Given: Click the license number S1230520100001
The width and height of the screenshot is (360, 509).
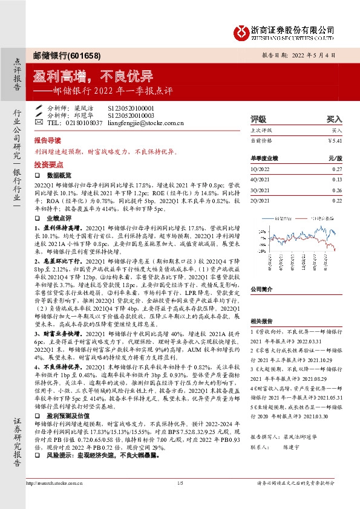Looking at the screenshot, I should point(131,107).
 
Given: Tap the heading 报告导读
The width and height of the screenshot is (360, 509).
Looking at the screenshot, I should point(48,139).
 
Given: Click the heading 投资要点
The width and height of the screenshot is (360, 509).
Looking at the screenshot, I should point(48,164).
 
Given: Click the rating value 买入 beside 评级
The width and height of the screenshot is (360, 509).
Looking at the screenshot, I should point(334,119).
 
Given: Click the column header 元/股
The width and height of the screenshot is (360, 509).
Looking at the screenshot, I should point(335,158).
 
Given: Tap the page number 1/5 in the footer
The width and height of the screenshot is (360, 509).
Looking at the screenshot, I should point(180,499).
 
